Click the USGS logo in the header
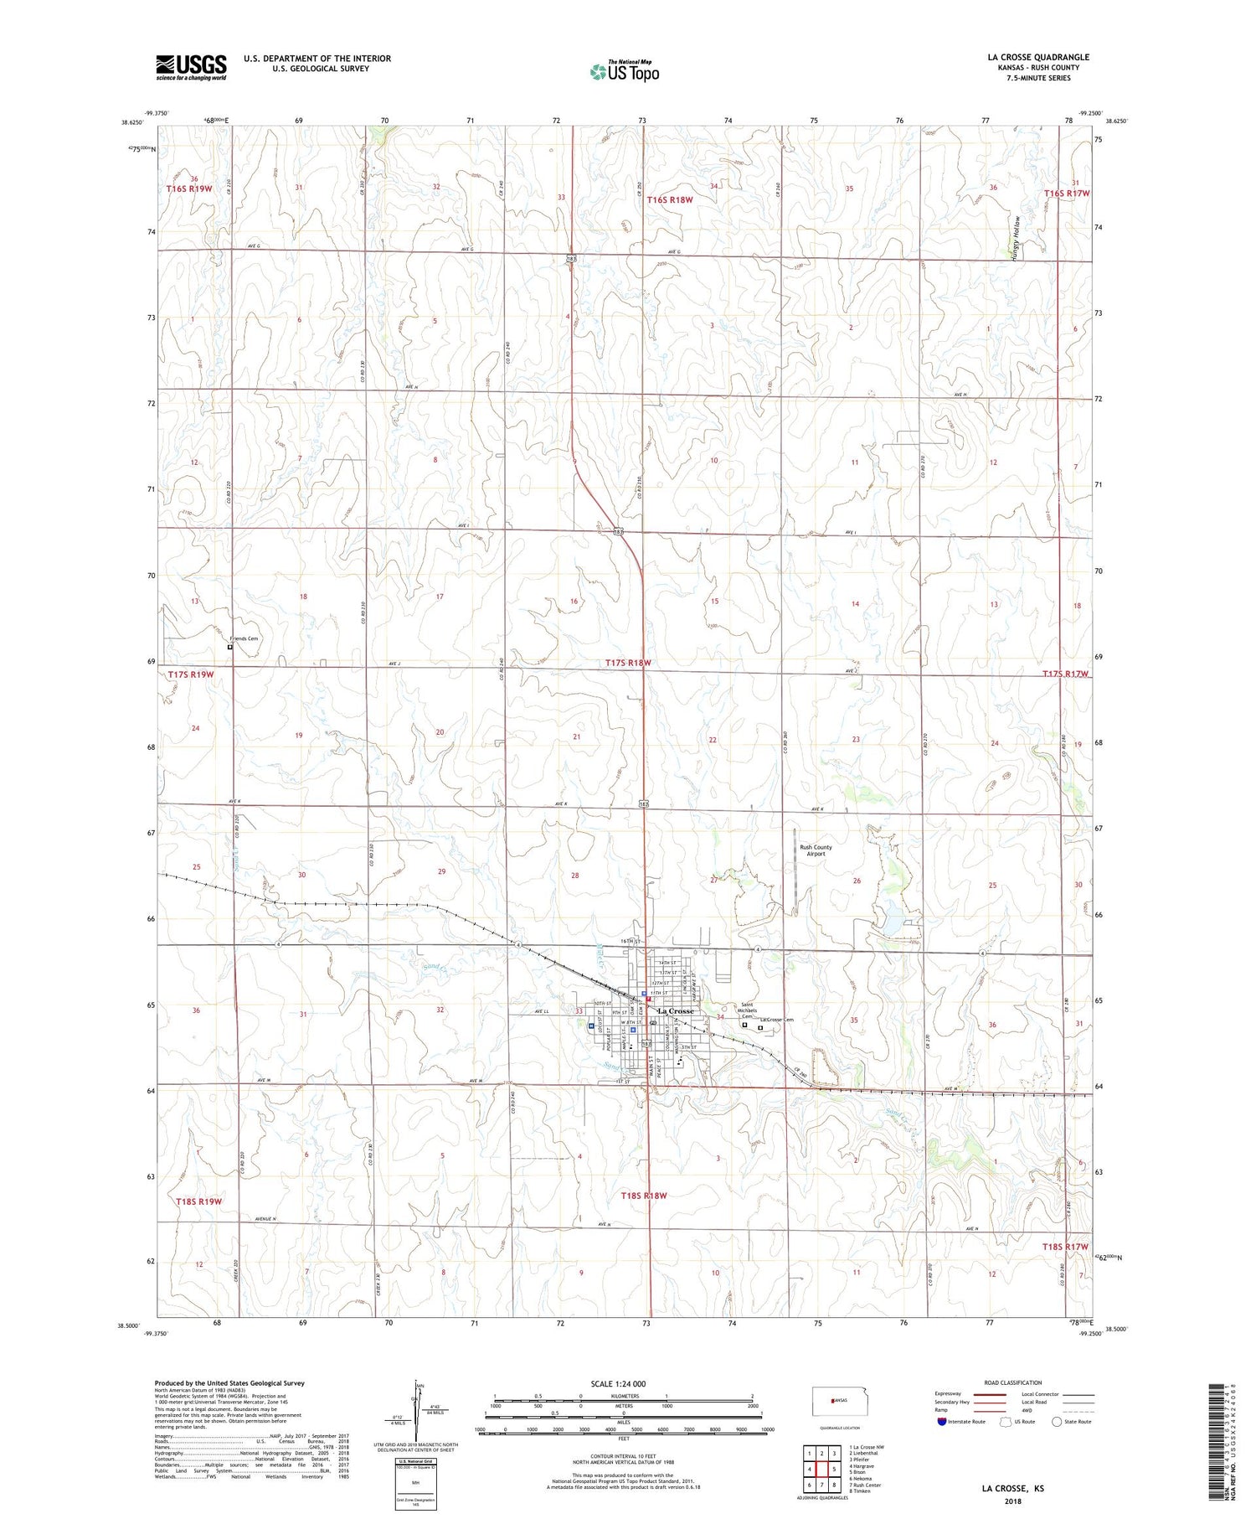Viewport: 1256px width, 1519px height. tap(191, 67)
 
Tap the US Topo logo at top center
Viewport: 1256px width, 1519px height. tap(624, 71)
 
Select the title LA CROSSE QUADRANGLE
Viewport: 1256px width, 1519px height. tap(1038, 57)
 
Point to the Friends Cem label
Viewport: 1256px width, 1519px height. tap(245, 638)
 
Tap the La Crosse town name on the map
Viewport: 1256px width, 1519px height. tap(676, 1011)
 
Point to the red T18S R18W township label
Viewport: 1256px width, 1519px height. tap(644, 1196)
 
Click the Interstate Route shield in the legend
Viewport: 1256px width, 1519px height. tap(941, 1422)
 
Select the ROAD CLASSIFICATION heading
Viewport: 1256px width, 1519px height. tap(1013, 1382)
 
